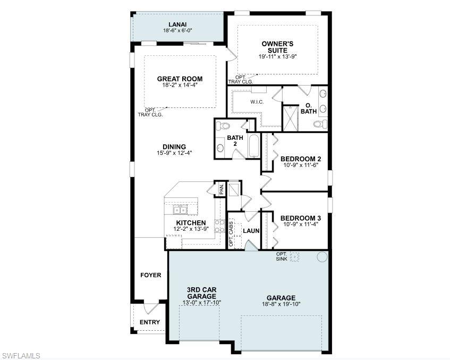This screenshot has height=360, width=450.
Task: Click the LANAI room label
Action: pyautogui.click(x=177, y=24)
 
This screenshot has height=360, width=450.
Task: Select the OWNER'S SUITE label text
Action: pyautogui.click(x=277, y=46)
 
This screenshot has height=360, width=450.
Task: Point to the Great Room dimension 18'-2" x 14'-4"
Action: pyautogui.click(x=180, y=85)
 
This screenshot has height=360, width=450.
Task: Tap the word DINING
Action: pyautogui.click(x=174, y=147)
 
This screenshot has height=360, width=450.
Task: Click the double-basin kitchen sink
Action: pyautogui.click(x=181, y=209)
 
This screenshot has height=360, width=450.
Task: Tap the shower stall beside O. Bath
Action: pyautogui.click(x=290, y=118)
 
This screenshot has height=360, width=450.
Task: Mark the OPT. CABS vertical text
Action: pyautogui.click(x=232, y=234)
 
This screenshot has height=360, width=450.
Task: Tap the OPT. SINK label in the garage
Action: pyautogui.click(x=282, y=256)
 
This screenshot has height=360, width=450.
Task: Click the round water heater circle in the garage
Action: pyautogui.click(x=322, y=257)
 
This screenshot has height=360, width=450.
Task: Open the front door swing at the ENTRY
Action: pyautogui.click(x=151, y=309)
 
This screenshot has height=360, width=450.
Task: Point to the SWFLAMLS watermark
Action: pyautogui.click(x=21, y=355)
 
